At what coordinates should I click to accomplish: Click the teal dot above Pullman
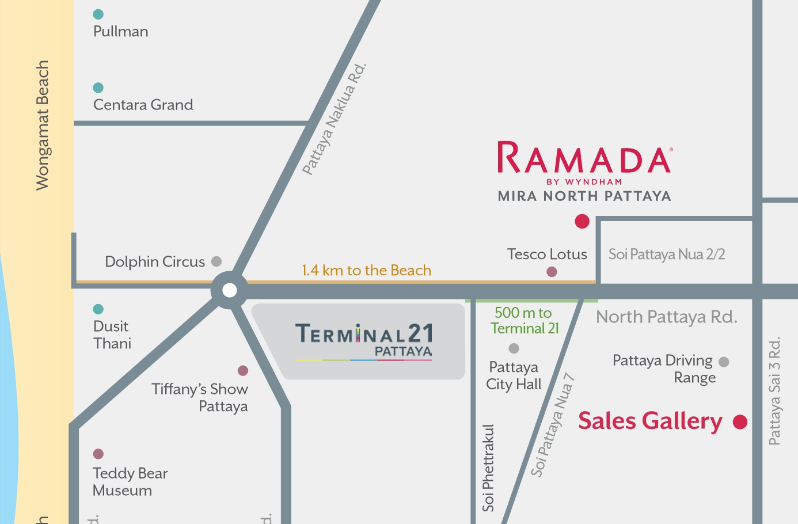[x=98, y=14]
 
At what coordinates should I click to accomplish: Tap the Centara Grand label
[x=143, y=105]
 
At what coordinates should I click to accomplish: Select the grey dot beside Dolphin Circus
[x=216, y=261]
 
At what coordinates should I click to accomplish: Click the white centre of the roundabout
[x=229, y=290]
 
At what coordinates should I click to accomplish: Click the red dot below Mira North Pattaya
[x=582, y=221]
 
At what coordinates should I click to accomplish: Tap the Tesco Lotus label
[x=547, y=255]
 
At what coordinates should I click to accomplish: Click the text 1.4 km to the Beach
[x=366, y=271]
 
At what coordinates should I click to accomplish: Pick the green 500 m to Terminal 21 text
[x=524, y=321]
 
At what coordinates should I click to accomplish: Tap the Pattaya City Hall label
[x=514, y=375]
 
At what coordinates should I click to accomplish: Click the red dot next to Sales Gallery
[x=740, y=422]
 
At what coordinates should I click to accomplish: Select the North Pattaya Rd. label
[x=666, y=317]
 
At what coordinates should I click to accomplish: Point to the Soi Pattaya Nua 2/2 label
[x=666, y=255]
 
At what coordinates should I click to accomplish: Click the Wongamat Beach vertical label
[x=42, y=126]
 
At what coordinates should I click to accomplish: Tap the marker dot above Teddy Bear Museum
[x=98, y=454]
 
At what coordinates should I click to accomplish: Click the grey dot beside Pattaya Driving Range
[x=724, y=362]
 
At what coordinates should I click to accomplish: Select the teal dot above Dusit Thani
[x=98, y=309]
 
